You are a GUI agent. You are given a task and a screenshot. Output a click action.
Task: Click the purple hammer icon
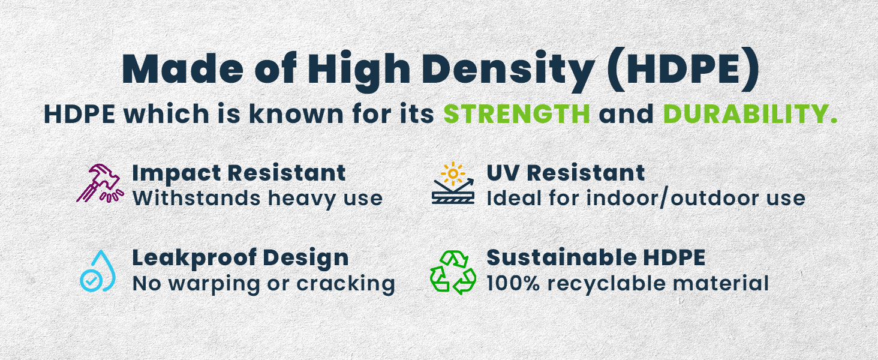click(x=100, y=183)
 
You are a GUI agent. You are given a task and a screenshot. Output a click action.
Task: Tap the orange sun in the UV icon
click(x=453, y=173)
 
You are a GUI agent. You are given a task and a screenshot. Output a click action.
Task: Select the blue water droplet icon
click(x=98, y=271)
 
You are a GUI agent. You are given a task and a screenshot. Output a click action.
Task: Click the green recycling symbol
click(x=453, y=272)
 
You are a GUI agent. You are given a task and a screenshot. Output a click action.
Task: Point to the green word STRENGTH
click(x=516, y=114)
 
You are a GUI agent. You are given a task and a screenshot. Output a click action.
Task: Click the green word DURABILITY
click(x=750, y=114)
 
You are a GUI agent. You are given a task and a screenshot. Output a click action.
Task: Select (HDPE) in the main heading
click(x=683, y=69)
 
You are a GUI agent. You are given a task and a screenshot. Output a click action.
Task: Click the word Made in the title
click(x=183, y=69)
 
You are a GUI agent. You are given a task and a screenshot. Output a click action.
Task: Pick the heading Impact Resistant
click(x=239, y=173)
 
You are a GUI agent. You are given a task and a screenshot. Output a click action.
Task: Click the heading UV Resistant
click(x=566, y=173)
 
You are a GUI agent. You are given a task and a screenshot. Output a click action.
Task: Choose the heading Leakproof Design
click(x=240, y=258)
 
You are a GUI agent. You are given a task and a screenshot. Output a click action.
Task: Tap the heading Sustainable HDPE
click(x=596, y=257)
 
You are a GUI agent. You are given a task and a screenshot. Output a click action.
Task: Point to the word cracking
click(x=345, y=284)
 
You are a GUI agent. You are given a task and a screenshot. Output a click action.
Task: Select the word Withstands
click(x=196, y=198)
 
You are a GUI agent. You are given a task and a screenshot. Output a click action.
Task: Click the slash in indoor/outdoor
click(x=663, y=198)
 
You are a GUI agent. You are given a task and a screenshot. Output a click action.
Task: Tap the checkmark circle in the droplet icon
click(x=91, y=280)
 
